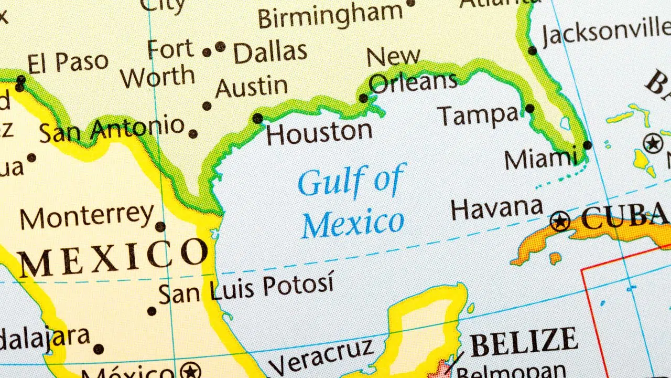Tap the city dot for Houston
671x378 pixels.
tap(257, 119)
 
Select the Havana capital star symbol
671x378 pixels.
tap(560, 221)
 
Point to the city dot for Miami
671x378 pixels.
tap(587, 145)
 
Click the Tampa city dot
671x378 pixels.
tap(529, 109)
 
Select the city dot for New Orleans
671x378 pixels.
tap(363, 98)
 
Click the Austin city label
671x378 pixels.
tap(252, 87)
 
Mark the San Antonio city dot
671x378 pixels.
tap(193, 134)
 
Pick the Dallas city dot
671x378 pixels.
tap(220, 47)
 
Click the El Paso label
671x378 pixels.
tap(68, 64)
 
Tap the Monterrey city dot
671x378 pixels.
tap(160, 227)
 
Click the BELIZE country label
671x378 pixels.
tap(524, 342)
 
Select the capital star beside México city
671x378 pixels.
tap(190, 371)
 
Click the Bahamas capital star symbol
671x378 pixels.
tap(653, 143)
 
